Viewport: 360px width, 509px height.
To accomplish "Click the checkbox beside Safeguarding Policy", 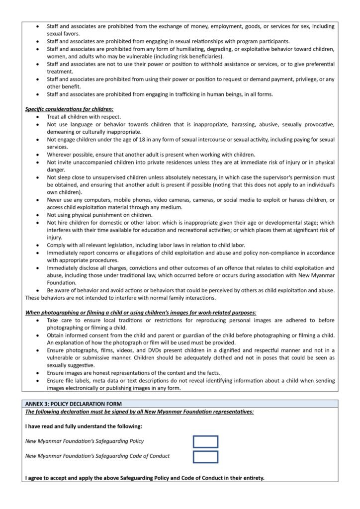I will coord(205,441).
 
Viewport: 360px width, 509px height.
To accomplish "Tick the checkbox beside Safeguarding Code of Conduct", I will coord(205,456).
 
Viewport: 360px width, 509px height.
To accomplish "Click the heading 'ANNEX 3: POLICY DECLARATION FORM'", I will coord(74,404).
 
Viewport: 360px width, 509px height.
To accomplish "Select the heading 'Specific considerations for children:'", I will coord(70,109).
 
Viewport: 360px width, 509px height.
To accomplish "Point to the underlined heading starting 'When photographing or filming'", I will coord(141,312).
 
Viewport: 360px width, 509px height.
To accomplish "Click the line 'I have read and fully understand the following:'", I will coord(84,426).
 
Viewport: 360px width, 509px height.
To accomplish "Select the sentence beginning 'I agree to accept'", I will coord(145,478).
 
